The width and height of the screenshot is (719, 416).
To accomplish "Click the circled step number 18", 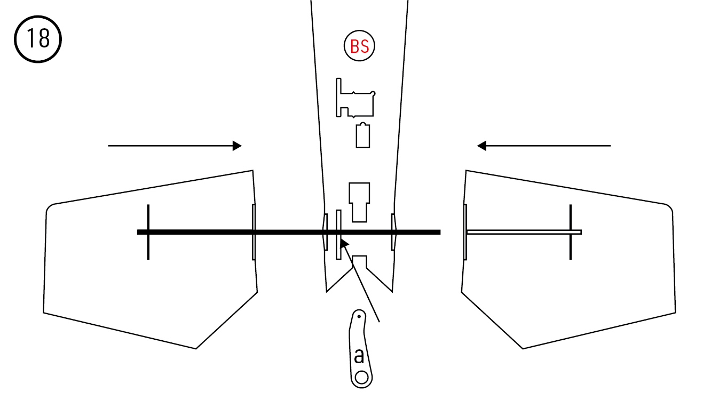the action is point(38,39).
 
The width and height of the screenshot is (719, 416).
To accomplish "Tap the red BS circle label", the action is point(359,46).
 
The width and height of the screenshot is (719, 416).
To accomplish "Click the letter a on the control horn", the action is point(359,356).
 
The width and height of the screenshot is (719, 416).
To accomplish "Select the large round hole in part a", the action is point(362,378).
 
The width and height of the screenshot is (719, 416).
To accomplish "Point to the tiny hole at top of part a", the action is point(359,317).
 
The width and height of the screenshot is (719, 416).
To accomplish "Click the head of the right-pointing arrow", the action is point(237,146).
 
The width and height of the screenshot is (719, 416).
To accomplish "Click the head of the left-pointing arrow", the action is point(481,146).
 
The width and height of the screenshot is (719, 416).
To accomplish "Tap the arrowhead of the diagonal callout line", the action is point(344,243).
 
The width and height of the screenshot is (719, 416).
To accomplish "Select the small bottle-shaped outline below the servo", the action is point(363,135).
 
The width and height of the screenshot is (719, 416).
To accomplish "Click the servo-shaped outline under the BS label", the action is point(355,98).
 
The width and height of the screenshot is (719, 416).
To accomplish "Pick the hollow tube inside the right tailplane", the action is point(524,232).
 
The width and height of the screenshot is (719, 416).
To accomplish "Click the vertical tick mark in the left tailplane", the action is point(148,232).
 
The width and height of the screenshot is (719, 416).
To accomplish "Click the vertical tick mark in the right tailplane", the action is point(571,232).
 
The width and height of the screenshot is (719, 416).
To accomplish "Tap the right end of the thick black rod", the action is point(440,232).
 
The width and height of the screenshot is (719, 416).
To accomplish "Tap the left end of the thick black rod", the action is point(138,232).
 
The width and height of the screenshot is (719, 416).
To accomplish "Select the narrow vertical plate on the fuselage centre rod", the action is point(338,235).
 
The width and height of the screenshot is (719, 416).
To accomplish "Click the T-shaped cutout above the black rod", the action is point(359,202).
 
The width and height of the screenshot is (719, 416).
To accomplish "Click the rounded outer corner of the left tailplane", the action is point(49,208).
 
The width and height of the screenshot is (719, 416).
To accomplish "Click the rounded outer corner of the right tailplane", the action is point(669,208).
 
